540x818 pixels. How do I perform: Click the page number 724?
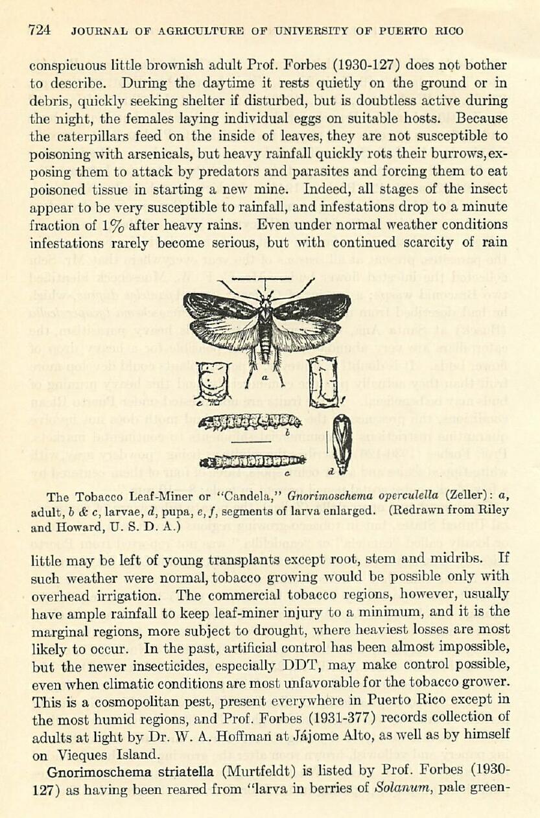tap(40, 30)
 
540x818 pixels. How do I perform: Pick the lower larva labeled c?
tap(253, 461)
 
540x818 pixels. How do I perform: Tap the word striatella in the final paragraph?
tap(173, 771)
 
